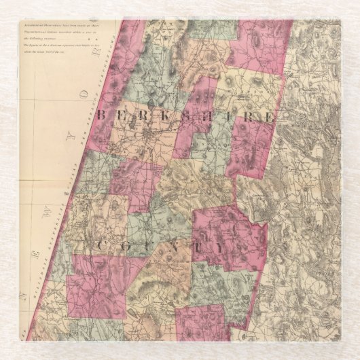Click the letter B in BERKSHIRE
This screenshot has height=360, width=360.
click(101, 115)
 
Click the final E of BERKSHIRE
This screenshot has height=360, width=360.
click(270, 117)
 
